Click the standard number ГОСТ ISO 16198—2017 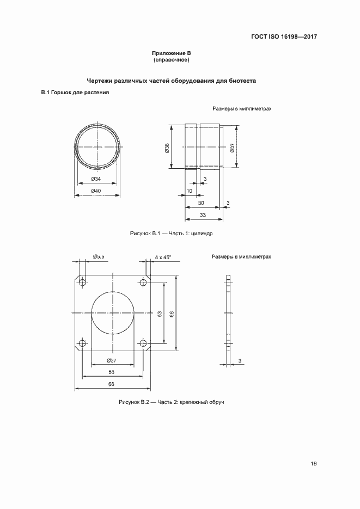click(x=284, y=37)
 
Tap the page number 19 click(x=314, y=464)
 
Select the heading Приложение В click(x=171, y=53)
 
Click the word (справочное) click(x=171, y=59)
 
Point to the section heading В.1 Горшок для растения click(x=76, y=93)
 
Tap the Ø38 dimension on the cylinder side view click(x=167, y=148)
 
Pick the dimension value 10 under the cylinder click(x=189, y=191)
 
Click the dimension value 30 click(x=201, y=203)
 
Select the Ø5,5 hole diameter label click(x=99, y=256)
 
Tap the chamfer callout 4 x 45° click(x=162, y=256)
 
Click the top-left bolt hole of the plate click(x=82, y=282)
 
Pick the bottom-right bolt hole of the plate click(x=144, y=344)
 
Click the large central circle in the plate click(x=113, y=313)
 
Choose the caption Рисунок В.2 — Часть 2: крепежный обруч click(x=172, y=402)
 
